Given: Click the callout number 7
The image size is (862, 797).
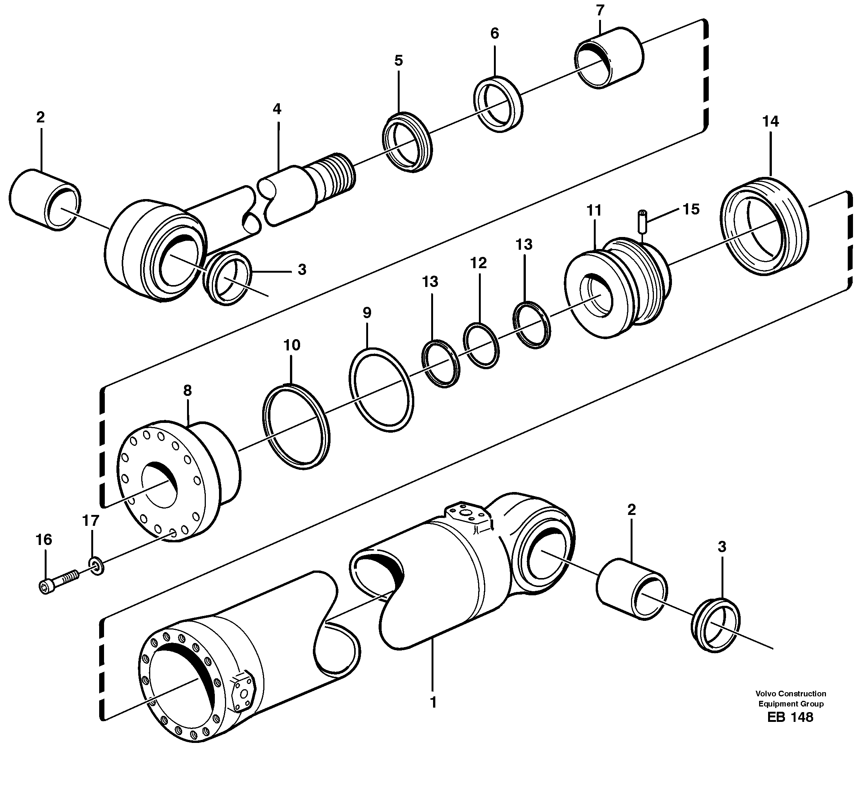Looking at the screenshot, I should [x=600, y=10].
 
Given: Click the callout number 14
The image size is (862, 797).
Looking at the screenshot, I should [x=770, y=122].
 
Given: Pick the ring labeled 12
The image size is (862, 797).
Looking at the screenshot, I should [x=481, y=346].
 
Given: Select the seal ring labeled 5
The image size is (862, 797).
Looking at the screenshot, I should [x=407, y=142].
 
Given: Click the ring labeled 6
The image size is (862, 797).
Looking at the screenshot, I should [x=498, y=104].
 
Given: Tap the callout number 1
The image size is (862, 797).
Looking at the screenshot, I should [x=433, y=703].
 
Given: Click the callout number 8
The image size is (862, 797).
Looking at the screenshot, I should [x=187, y=391].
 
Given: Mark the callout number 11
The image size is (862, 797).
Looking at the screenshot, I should [x=594, y=211].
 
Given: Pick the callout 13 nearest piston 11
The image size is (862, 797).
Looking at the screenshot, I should [x=524, y=245].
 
